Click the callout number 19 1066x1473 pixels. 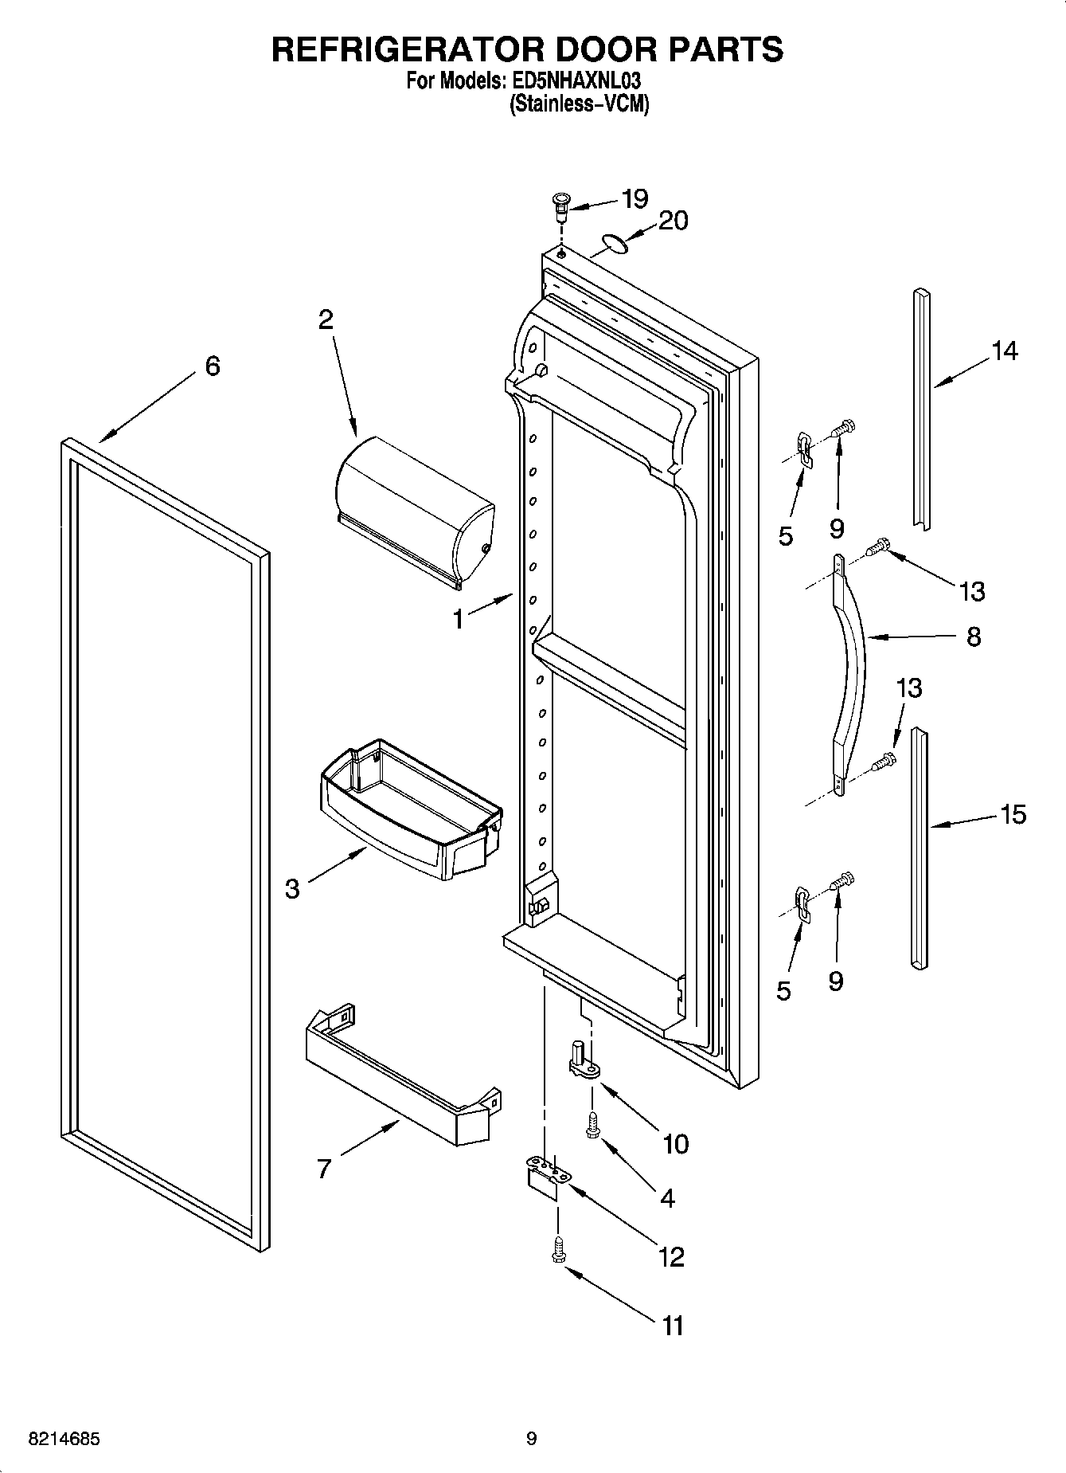point(635,198)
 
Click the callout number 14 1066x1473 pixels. point(1004,351)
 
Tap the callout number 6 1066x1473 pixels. point(213,366)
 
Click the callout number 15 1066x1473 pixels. point(1012,815)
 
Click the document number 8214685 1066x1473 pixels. point(64,1440)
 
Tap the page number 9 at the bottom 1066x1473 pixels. point(531,1440)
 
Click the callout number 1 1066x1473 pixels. point(458,619)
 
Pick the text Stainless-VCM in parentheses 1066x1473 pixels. point(579,103)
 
